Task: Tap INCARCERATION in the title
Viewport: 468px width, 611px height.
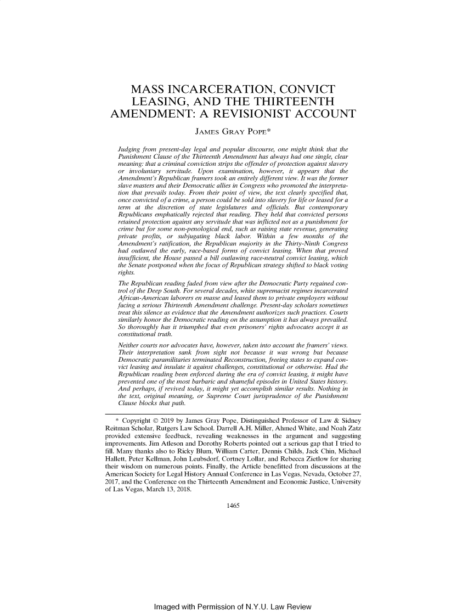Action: tap(241, 89)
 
